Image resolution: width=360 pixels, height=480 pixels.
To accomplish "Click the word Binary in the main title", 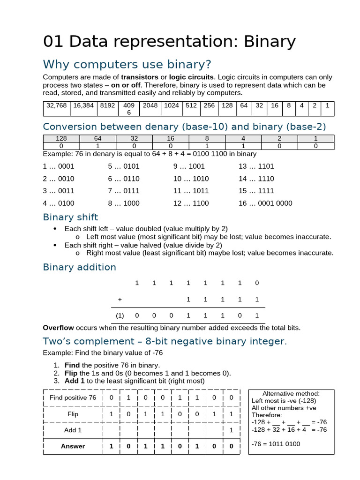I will pyautogui.click(x=269, y=42).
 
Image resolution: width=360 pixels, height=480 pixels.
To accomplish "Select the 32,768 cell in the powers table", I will pyautogui.click(x=56, y=105).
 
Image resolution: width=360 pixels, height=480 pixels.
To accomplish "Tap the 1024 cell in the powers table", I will pyautogui.click(x=171, y=105).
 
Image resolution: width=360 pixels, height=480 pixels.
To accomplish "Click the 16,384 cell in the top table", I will pyautogui.click(x=83, y=105).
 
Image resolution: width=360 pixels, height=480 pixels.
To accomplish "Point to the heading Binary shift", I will pyautogui.click(x=70, y=217).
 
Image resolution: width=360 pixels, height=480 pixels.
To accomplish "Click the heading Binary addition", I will pyautogui.click(x=79, y=267).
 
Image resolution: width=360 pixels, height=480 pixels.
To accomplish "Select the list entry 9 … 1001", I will pyautogui.click(x=189, y=166).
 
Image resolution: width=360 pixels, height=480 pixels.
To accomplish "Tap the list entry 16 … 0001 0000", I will pyautogui.click(x=265, y=203).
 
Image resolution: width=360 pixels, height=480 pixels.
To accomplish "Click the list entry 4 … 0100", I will pyautogui.click(x=58, y=203).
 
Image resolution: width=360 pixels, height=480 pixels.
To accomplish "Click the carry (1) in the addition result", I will pyautogui.click(x=120, y=315).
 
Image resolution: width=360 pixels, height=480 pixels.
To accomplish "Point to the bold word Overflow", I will pyautogui.click(x=58, y=328).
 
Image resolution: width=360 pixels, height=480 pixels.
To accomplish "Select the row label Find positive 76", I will pyautogui.click(x=73, y=398).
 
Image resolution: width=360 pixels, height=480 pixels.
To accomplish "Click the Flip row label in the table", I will pyautogui.click(x=73, y=414).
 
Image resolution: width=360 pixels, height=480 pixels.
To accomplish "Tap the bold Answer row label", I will pyautogui.click(x=73, y=446).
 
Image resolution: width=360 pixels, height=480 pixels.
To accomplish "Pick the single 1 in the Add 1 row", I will pyautogui.click(x=231, y=430).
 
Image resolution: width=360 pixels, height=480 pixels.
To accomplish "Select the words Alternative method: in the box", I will pyautogui.click(x=291, y=394).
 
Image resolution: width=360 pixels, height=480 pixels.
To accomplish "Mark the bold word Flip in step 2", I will pyautogui.click(x=71, y=373).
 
